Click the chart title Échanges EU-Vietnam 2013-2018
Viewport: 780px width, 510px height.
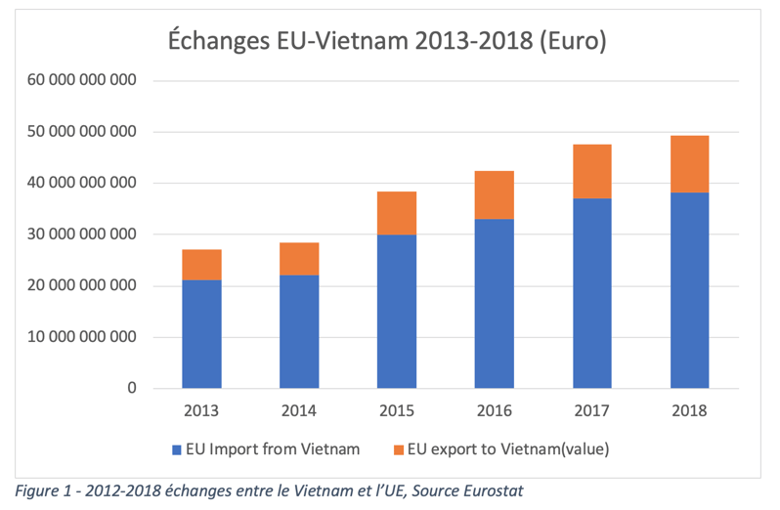coord(387,41)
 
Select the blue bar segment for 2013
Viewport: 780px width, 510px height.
coord(201,334)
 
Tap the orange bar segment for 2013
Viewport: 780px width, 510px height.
coord(201,265)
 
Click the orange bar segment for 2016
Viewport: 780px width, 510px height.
coord(495,194)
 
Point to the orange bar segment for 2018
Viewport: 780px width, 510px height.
coord(689,164)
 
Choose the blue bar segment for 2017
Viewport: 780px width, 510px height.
coord(591,293)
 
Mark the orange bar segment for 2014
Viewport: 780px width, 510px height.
coord(299,259)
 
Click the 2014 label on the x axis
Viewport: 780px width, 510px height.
coord(299,410)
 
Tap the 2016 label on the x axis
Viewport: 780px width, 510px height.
coord(495,410)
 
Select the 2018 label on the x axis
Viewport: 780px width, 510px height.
coord(689,410)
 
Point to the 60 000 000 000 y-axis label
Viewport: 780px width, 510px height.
coord(86,80)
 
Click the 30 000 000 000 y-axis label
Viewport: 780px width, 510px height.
coord(86,234)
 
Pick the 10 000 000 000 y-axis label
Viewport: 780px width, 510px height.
coord(86,338)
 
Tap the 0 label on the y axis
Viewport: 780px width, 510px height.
coord(132,389)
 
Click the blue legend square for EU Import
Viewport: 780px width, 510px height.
coord(177,450)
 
